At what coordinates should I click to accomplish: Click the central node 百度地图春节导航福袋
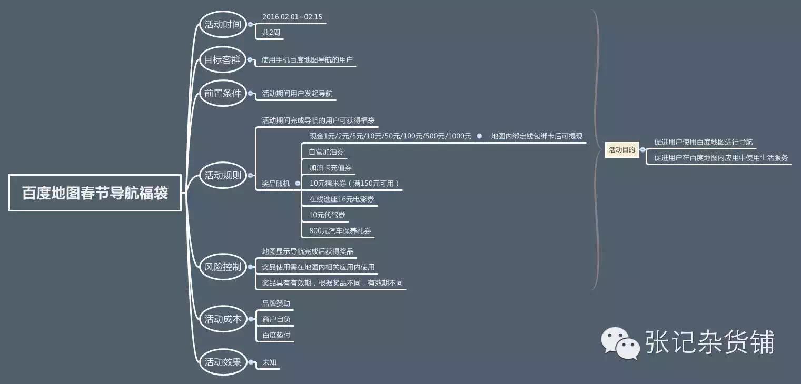(95, 193)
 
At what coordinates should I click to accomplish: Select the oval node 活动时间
(223, 25)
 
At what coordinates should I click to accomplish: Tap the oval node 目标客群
(222, 60)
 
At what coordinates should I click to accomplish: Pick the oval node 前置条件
(223, 94)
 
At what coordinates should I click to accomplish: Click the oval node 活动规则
(223, 176)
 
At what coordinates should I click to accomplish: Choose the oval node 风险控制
(223, 267)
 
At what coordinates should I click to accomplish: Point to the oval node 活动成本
(223, 319)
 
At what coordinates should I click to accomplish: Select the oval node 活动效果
(223, 361)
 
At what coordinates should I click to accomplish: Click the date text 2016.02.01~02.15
(292, 17)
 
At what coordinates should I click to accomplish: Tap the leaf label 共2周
(271, 33)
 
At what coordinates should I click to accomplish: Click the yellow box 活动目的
(622, 150)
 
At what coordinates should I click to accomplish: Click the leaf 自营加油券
(327, 152)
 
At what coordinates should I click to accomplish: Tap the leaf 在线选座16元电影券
(342, 199)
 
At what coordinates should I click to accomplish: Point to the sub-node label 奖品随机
(276, 184)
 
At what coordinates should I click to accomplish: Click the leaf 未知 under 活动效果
(270, 362)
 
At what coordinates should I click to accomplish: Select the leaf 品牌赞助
(276, 304)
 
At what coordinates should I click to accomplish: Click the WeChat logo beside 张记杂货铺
(621, 342)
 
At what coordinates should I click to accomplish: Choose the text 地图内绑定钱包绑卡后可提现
(537, 136)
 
